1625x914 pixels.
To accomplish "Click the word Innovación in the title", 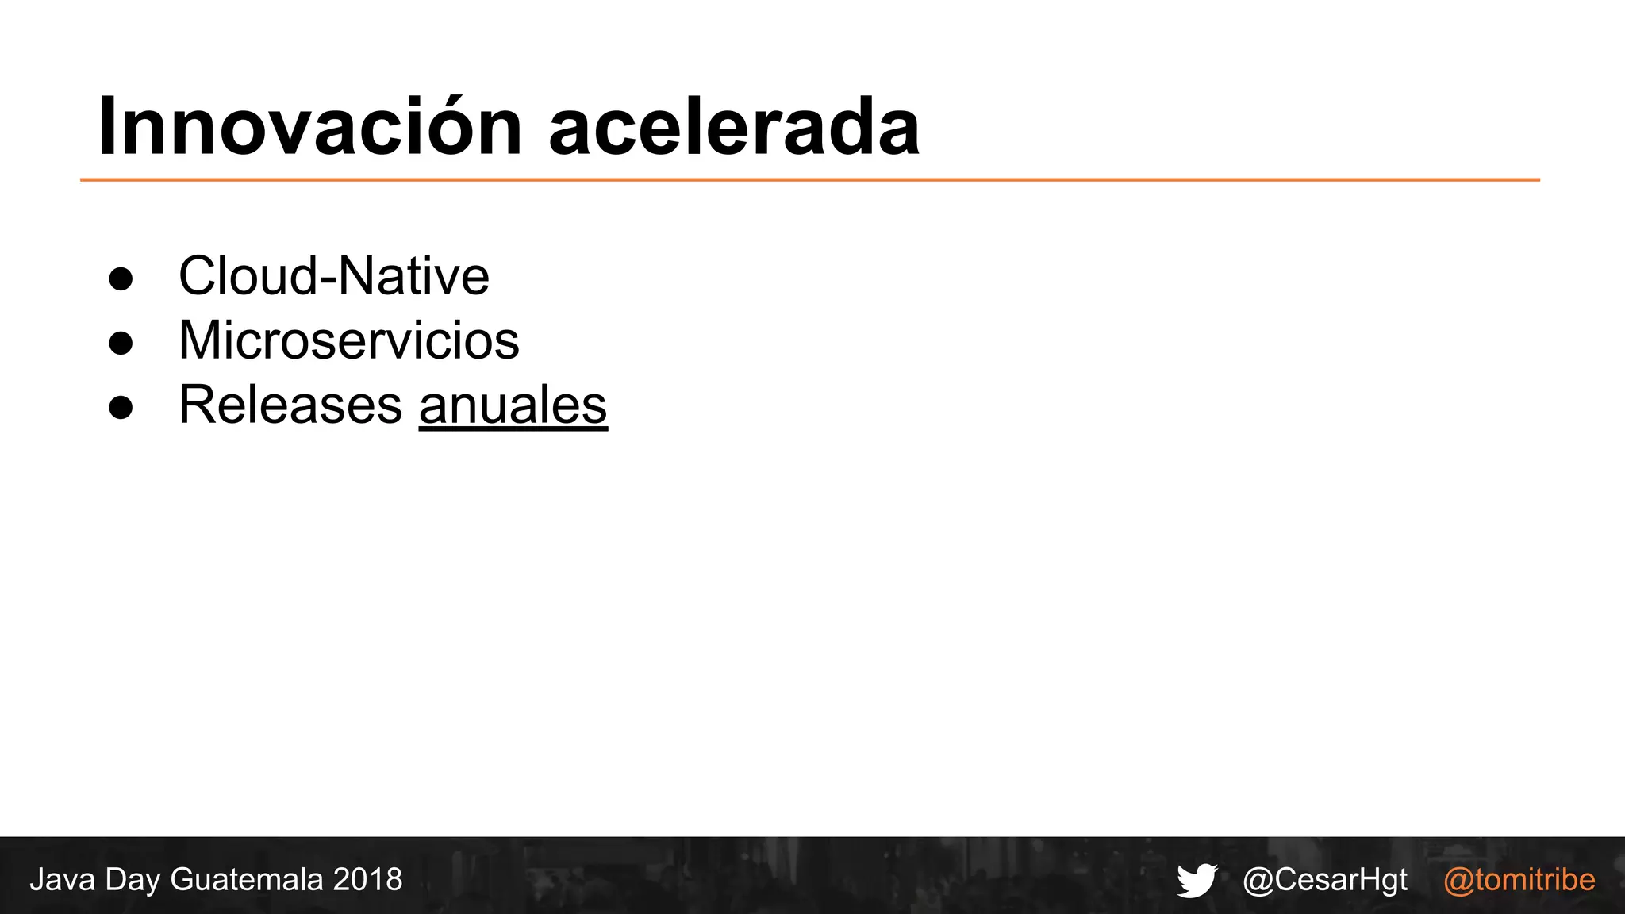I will click(309, 127).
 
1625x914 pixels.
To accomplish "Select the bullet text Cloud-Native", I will click(333, 276).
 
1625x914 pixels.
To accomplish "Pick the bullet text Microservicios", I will click(348, 340).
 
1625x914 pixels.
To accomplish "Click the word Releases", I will click(290, 405).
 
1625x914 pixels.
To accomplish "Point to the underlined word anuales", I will click(513, 405).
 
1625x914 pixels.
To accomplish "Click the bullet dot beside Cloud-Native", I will click(121, 278).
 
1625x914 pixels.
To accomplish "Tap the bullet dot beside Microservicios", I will click(121, 343).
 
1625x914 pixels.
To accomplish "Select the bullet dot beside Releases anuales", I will click(121, 407).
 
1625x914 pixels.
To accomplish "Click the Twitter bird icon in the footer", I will click(1197, 880).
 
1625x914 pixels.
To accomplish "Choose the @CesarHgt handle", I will click(1325, 880).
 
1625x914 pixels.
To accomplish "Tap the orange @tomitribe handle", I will click(1519, 880).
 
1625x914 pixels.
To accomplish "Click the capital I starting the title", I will click(107, 127).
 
